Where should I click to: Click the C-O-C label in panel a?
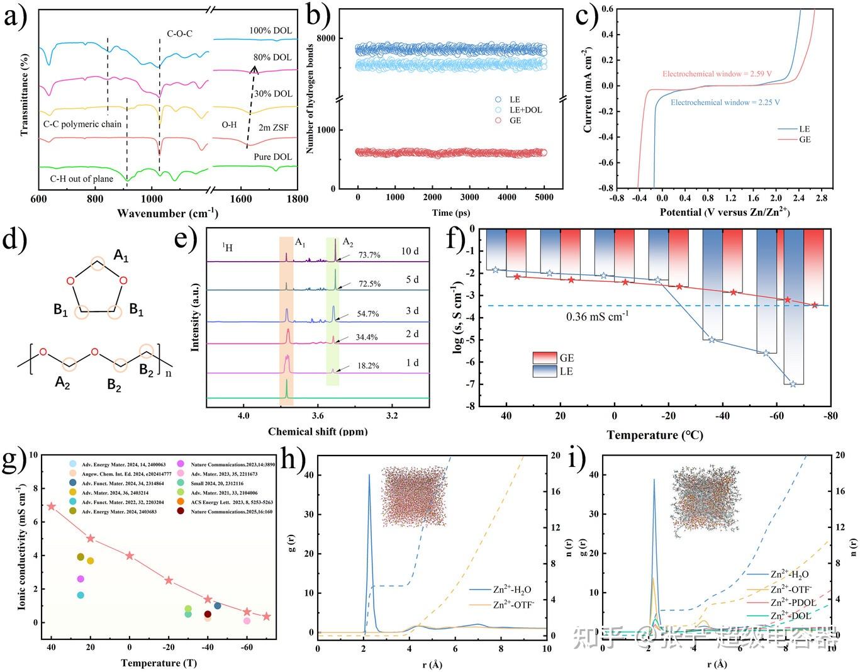pyautogui.click(x=179, y=33)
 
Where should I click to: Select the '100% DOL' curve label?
pyautogui.click(x=271, y=30)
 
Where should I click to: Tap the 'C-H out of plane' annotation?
pyautogui.click(x=82, y=179)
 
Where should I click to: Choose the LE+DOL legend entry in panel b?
pyautogui.click(x=525, y=109)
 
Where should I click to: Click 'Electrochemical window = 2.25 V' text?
pyautogui.click(x=725, y=102)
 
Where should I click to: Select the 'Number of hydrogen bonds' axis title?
pyautogui.click(x=310, y=99)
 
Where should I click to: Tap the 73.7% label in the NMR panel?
pyautogui.click(x=369, y=255)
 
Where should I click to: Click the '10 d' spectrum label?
pyautogui.click(x=410, y=251)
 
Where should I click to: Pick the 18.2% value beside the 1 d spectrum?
pyautogui.click(x=368, y=366)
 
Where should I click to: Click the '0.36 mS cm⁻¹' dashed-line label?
pyautogui.click(x=597, y=316)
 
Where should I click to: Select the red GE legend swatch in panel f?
pyautogui.click(x=545, y=357)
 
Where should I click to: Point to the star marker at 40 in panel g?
pyautogui.click(x=52, y=506)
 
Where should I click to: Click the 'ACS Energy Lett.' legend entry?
pyautogui.click(x=232, y=502)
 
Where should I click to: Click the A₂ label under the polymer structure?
pyautogui.click(x=62, y=382)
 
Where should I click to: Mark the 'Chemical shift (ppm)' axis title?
pyautogui.click(x=318, y=432)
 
